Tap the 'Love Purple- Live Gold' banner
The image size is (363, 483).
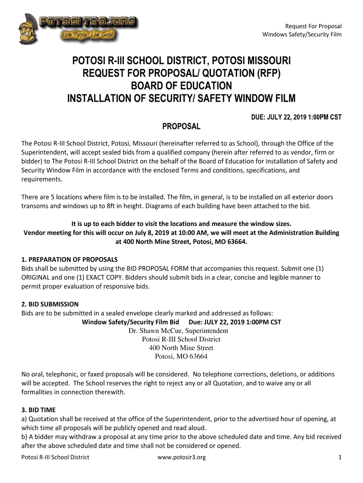(88, 35)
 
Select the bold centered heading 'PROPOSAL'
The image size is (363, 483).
(181, 126)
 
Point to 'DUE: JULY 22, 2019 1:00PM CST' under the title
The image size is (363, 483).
(296, 117)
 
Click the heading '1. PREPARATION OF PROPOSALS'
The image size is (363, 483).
(69, 259)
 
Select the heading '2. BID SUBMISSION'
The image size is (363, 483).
(50, 304)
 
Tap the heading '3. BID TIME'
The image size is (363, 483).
(40, 409)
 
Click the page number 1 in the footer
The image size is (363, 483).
(340, 457)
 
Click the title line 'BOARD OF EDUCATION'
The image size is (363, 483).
(181, 86)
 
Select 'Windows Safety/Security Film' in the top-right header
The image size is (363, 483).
(302, 34)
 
